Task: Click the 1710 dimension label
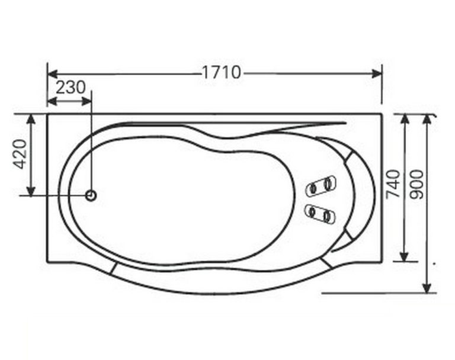point(221,72)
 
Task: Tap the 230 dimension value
point(71,88)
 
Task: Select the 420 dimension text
point(20,155)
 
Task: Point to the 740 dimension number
point(393,184)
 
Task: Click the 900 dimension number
point(416,185)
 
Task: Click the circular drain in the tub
point(91,195)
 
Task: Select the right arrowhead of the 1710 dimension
point(377,73)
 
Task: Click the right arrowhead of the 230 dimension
point(86,101)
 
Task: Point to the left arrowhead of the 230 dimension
point(52,101)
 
